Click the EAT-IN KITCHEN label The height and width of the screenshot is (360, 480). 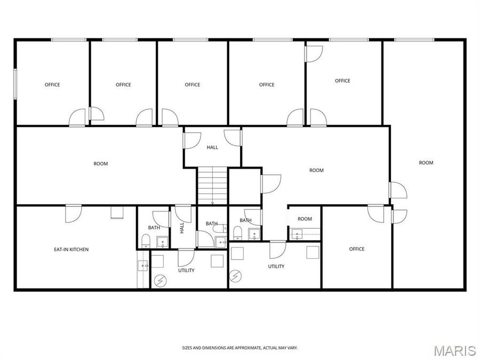coord(71,249)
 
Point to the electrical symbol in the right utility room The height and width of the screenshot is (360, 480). coord(235,276)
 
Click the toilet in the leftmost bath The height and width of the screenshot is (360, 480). coord(146,242)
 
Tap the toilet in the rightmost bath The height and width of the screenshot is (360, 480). coord(238,234)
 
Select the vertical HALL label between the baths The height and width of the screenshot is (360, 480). coord(181,228)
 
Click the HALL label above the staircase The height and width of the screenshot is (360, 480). coord(212,147)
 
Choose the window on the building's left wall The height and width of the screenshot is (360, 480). coord(15,83)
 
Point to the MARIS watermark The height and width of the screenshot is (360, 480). coord(454,350)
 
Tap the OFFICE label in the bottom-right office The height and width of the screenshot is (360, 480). coord(357,249)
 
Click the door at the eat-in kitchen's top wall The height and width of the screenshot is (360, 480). coord(73,214)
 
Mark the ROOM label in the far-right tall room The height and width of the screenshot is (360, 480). coord(426,163)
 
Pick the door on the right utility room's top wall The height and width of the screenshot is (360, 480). coord(277,249)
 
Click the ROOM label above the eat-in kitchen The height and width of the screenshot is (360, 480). coord(101,164)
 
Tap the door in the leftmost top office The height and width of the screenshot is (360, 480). coord(77,117)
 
